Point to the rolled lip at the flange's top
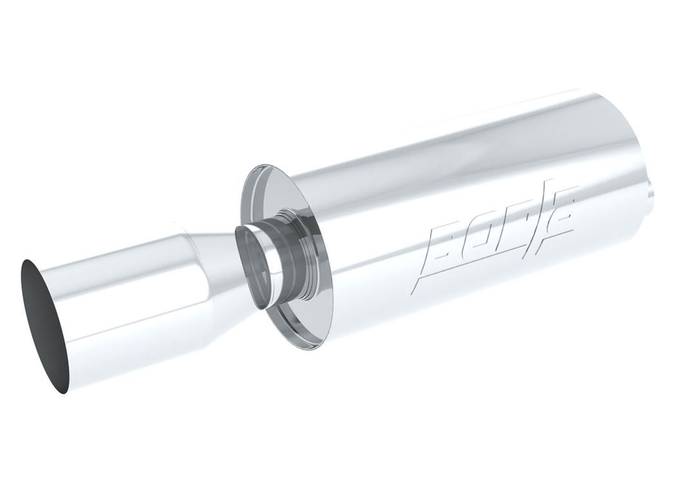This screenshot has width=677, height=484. pyautogui.click(x=262, y=168)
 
